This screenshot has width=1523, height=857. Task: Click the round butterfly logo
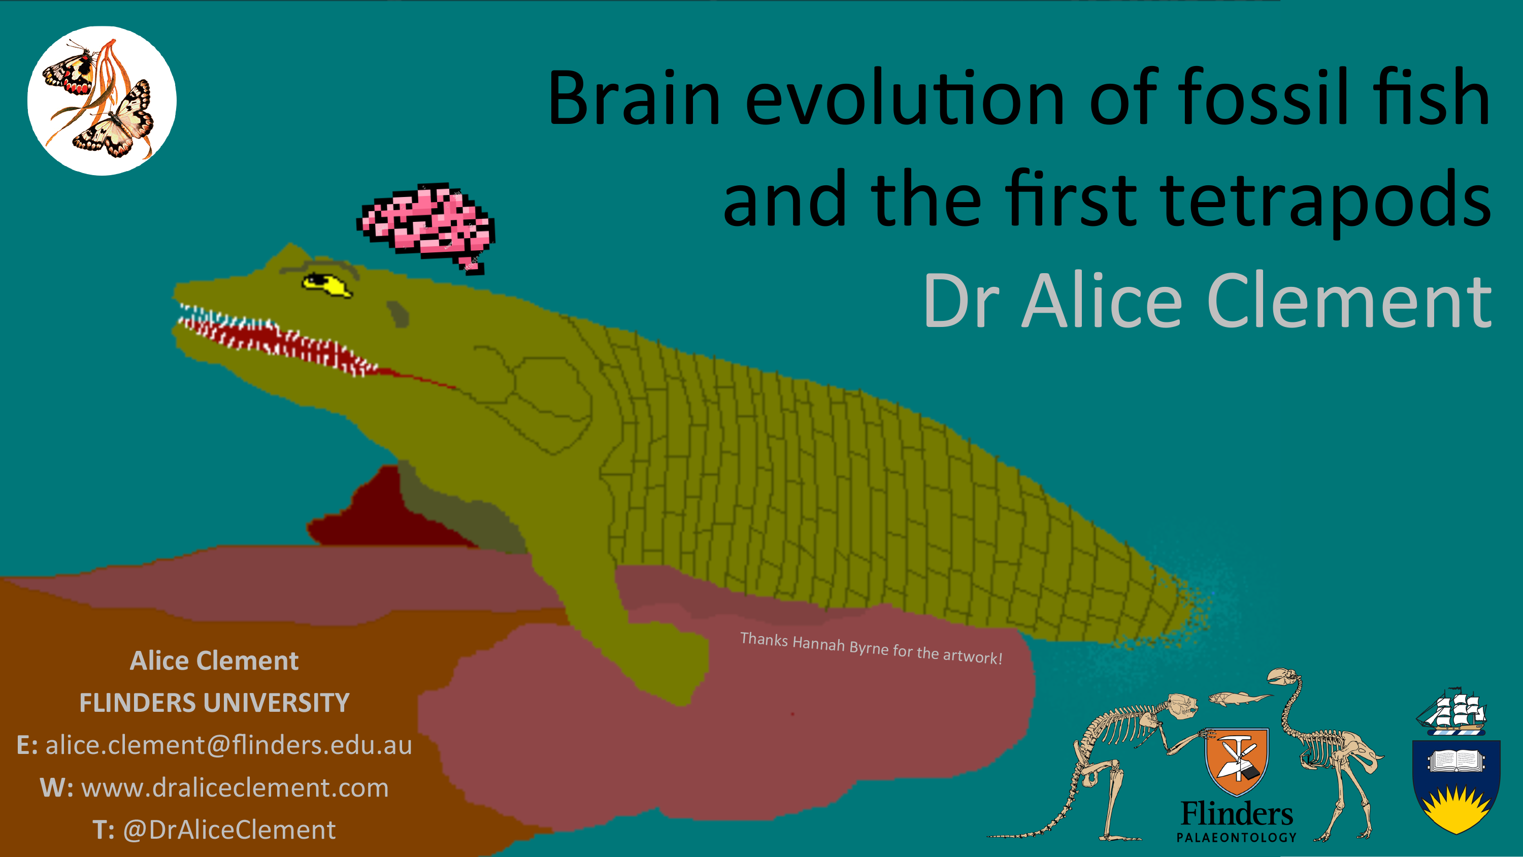[x=102, y=101]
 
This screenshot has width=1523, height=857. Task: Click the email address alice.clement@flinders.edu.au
[x=229, y=745]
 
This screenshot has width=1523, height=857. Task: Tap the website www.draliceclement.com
[x=236, y=788]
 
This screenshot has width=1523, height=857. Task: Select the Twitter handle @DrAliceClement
[x=229, y=830]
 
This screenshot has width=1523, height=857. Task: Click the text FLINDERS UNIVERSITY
[x=215, y=703]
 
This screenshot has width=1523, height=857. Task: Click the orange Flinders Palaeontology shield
[x=1237, y=761]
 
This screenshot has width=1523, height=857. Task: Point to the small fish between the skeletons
[x=1240, y=698]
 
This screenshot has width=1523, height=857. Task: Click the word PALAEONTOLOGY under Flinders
[x=1237, y=838]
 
